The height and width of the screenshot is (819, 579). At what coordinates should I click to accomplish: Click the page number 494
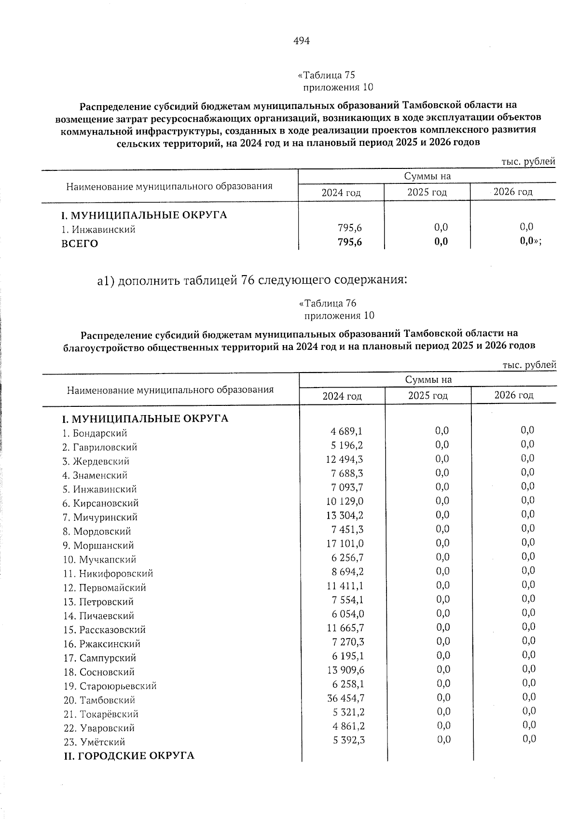click(x=301, y=41)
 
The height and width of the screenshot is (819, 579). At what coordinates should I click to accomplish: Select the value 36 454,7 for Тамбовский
click(x=345, y=698)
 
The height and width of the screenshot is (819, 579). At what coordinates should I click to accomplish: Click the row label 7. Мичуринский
click(x=100, y=517)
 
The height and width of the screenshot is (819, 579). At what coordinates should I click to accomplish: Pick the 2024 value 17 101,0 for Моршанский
click(x=345, y=544)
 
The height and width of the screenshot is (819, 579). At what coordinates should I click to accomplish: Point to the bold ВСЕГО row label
click(x=80, y=244)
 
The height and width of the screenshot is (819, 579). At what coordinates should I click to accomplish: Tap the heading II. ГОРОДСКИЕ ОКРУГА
click(x=129, y=756)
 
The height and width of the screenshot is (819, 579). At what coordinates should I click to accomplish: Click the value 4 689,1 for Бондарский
click(x=347, y=431)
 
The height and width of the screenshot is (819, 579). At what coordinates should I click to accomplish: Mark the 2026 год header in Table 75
click(x=513, y=192)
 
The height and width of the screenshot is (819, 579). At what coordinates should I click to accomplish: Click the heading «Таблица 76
click(x=328, y=304)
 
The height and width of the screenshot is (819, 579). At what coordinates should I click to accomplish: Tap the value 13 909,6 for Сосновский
click(x=345, y=670)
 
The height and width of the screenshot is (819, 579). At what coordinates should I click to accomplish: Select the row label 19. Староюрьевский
click(x=110, y=686)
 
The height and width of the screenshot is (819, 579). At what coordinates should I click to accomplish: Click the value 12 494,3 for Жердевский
click(x=345, y=459)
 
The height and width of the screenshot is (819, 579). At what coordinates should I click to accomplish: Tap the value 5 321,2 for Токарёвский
click(x=348, y=712)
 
